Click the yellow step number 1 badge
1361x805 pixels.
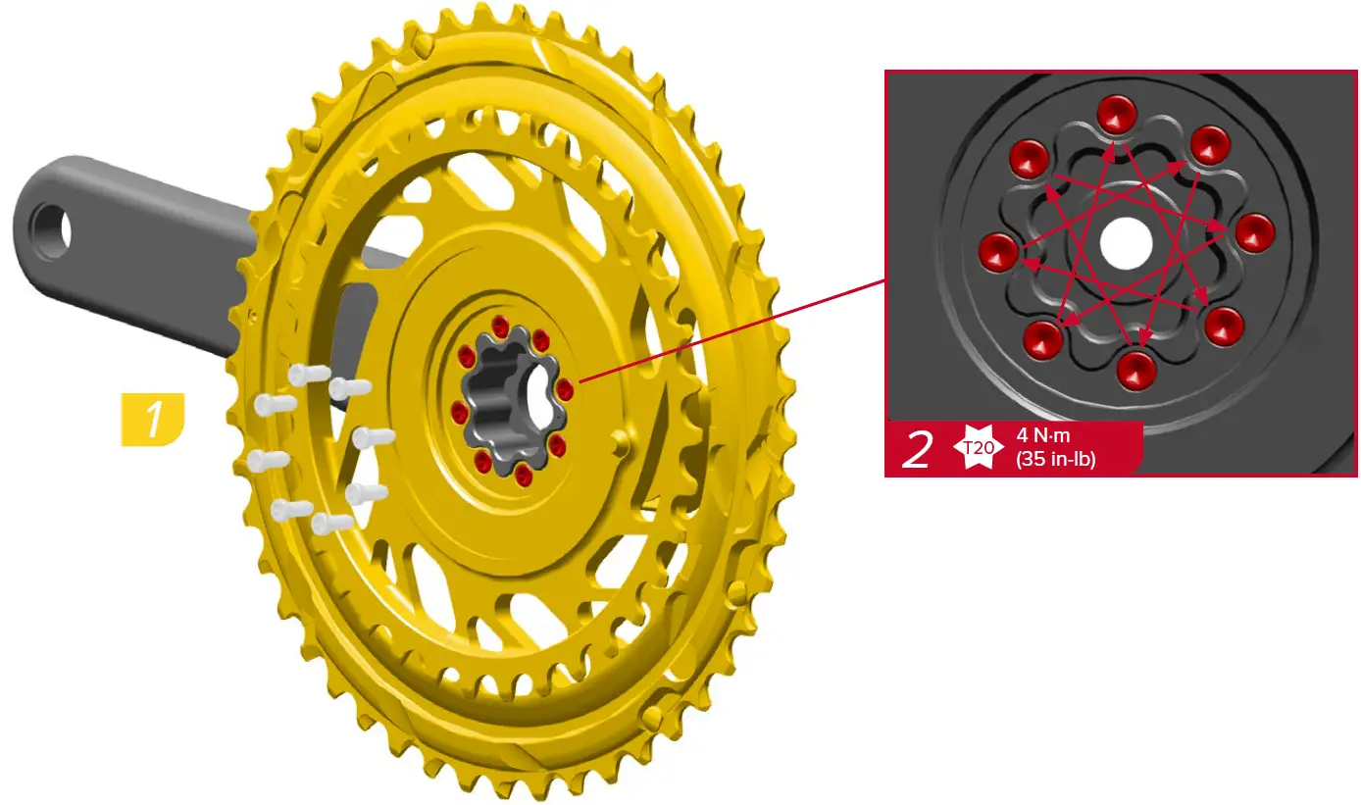pyautogui.click(x=153, y=420)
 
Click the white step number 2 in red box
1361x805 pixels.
pyautogui.click(x=917, y=450)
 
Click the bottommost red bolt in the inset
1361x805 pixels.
pyautogui.click(x=1136, y=370)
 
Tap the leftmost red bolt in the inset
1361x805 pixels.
pyautogui.click(x=999, y=251)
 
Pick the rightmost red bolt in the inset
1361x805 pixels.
pyautogui.click(x=1254, y=232)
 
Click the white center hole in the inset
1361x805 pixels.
pyautogui.click(x=1127, y=244)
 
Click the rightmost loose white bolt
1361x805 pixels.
pyautogui.click(x=374, y=436)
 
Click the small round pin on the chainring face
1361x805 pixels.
pyautogui.click(x=617, y=441)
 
